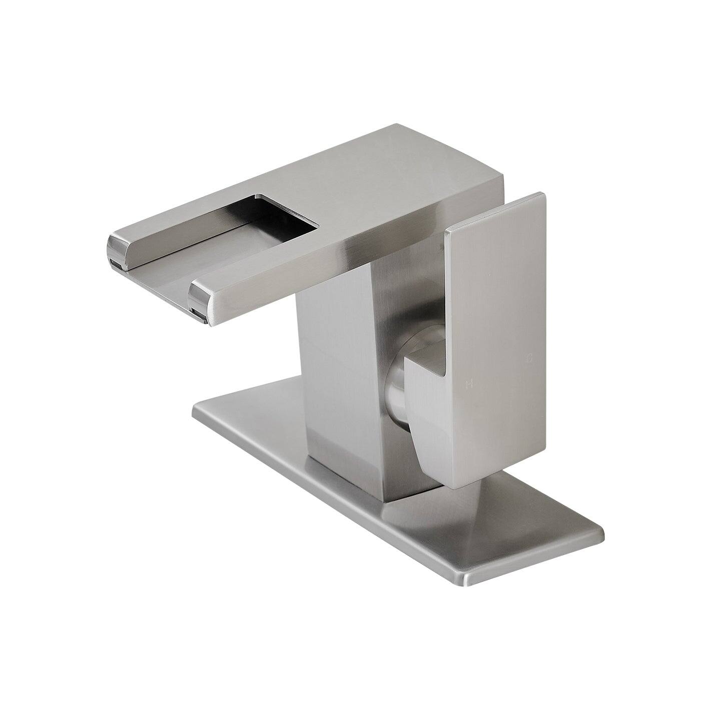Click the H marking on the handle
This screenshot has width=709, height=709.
469,384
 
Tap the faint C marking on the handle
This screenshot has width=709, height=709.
529,358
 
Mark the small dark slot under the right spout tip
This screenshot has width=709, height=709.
199,315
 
